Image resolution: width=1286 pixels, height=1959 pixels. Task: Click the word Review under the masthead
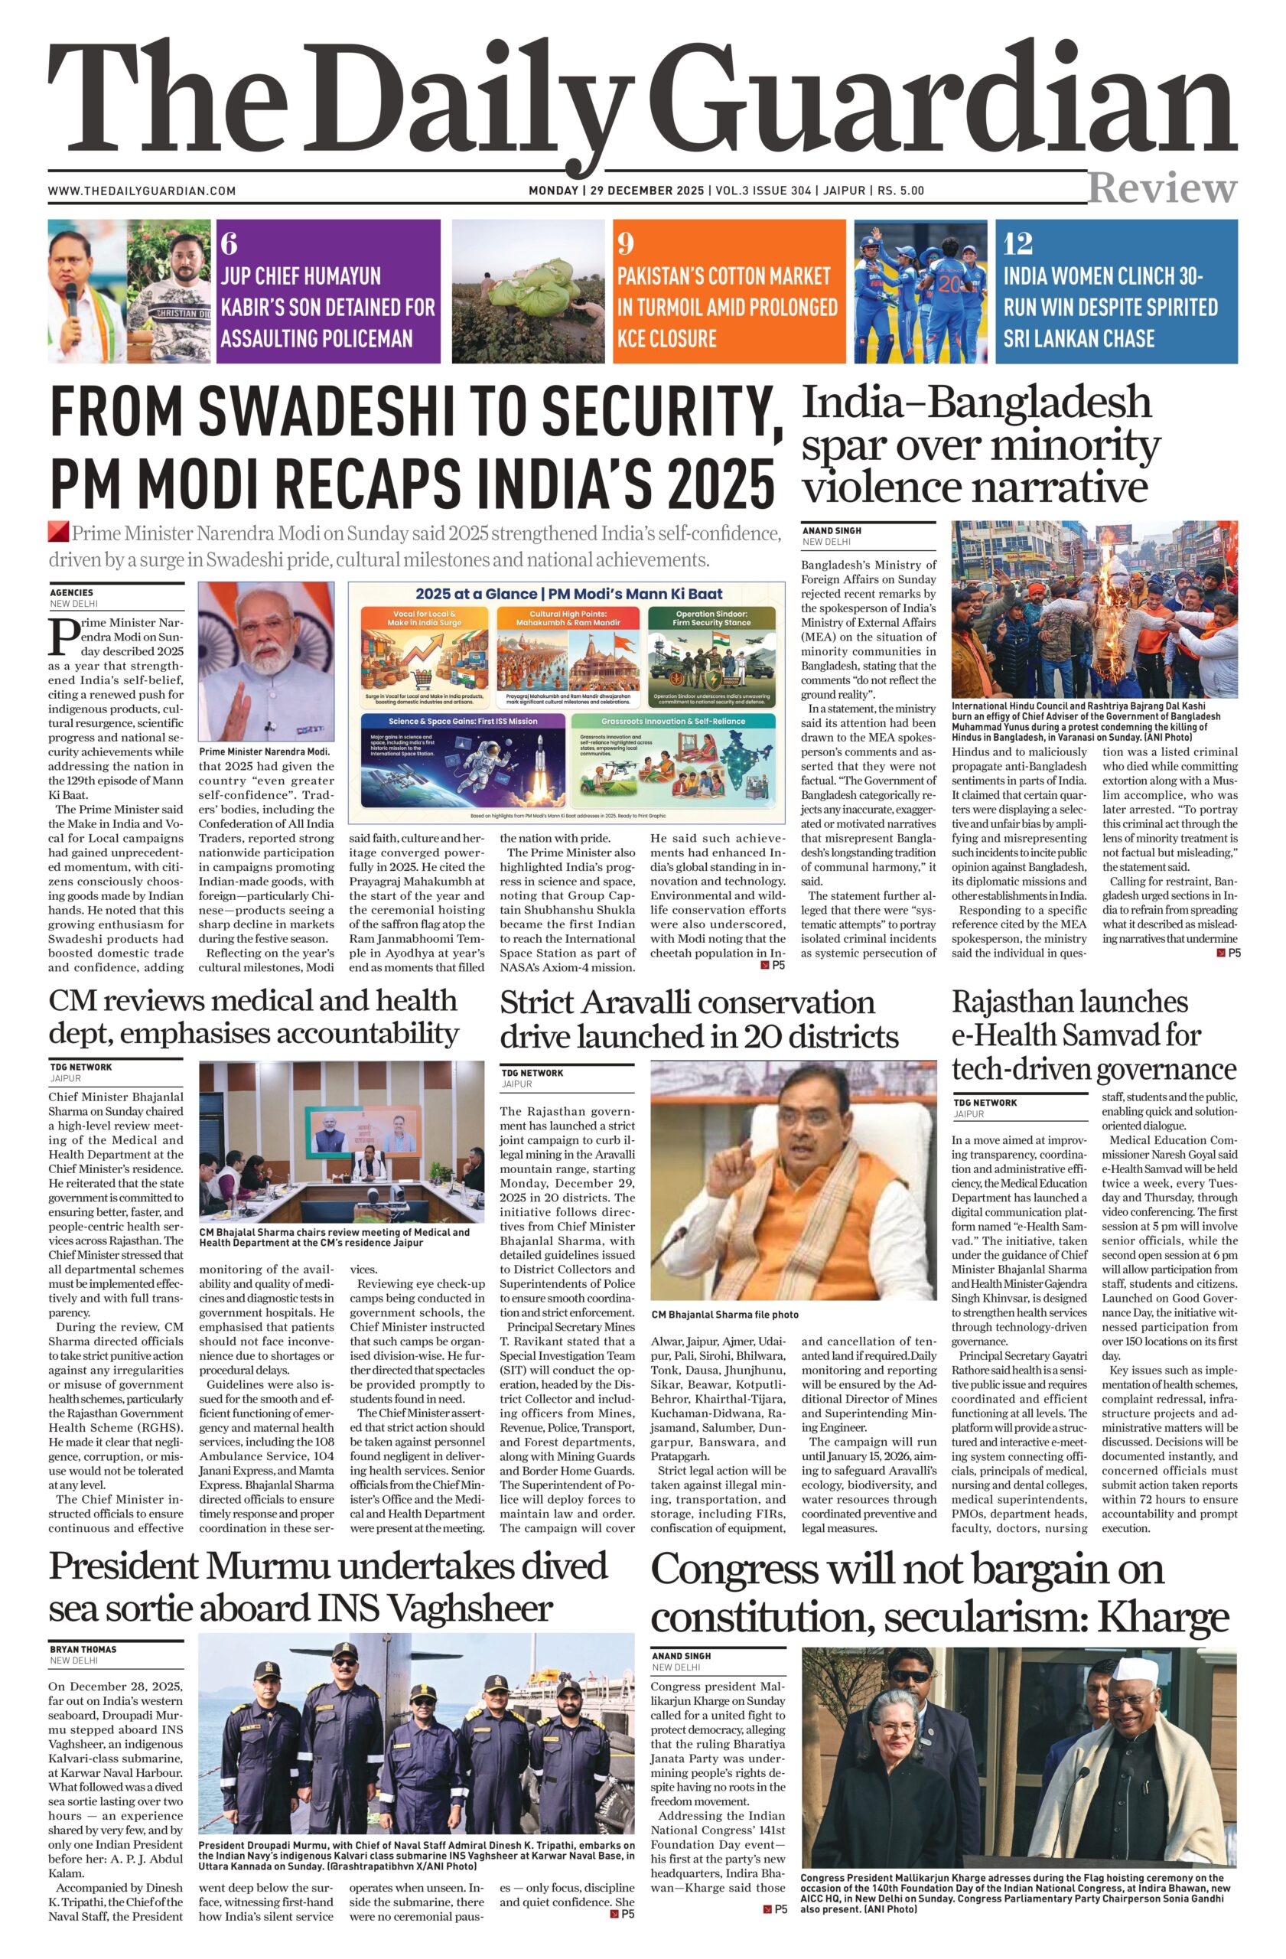pyautogui.click(x=1162, y=188)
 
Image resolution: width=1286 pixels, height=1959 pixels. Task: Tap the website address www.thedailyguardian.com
pyautogui.click(x=142, y=191)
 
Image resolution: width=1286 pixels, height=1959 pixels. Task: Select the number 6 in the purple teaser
pyautogui.click(x=229, y=243)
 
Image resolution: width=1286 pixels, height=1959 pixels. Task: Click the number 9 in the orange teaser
pyautogui.click(x=625, y=243)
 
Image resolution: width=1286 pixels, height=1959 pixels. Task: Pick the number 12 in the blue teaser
pyautogui.click(x=1017, y=243)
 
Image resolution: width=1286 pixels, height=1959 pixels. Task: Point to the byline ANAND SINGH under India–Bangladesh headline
pyautogui.click(x=832, y=531)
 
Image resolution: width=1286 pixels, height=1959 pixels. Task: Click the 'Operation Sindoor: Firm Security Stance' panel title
pyautogui.click(x=711, y=618)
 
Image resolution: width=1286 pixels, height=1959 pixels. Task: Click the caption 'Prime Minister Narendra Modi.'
pyautogui.click(x=263, y=751)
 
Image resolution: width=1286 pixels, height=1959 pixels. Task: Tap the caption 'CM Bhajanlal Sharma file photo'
pyautogui.click(x=724, y=1315)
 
